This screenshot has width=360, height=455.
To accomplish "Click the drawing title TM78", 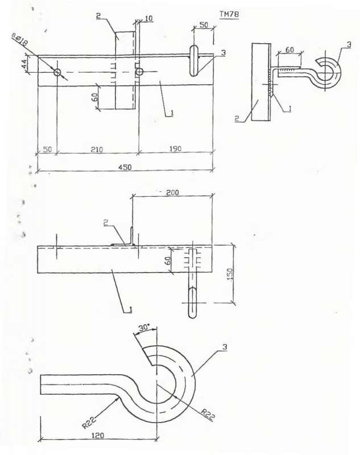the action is point(229,14).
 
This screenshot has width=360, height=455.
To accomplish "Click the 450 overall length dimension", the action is point(125,167).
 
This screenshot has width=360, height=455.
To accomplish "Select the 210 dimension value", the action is point(97,150).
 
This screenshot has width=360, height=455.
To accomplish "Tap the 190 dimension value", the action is point(175,149).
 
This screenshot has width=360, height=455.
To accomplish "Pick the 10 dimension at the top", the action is point(148,19).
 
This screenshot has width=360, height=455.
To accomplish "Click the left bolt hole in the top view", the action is point(57,72).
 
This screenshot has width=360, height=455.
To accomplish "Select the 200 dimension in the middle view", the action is point(172,192).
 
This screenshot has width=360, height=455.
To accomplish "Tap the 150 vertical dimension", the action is point(229,275).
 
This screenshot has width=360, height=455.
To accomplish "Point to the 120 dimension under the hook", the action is point(98,435).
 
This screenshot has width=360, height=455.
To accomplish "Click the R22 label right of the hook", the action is point(208,415).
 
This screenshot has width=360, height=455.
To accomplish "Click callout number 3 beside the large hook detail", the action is point(225,347).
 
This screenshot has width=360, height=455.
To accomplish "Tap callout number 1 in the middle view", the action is point(131,309).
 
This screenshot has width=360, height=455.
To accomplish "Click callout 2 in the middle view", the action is point(106,222).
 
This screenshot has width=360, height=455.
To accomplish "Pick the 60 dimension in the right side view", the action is point(289,49).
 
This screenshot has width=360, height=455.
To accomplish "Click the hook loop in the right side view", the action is point(328,73).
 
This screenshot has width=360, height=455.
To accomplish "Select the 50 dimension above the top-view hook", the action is point(204,24).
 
